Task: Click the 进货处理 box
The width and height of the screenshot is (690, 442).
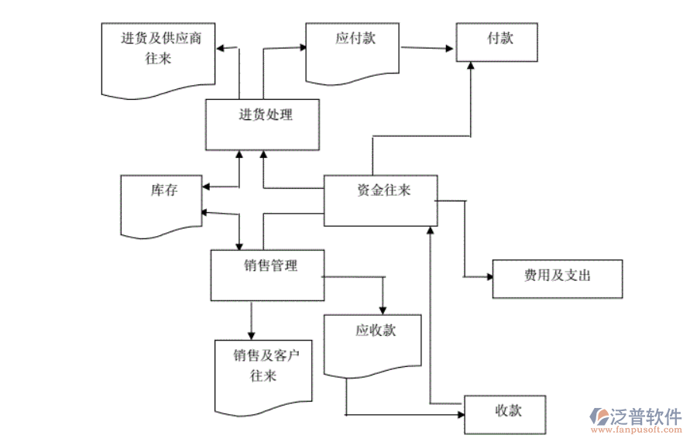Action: (262, 125)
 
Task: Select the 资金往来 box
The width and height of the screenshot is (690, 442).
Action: (380, 200)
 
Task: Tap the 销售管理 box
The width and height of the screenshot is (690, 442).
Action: (267, 275)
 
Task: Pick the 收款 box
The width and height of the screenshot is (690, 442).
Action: (505, 414)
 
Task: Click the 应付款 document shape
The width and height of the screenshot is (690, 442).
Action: (352, 50)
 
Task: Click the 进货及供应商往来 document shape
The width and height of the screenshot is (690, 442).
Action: (158, 58)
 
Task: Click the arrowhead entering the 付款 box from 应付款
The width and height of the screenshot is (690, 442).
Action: (450, 49)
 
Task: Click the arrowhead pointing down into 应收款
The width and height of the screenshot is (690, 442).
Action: (383, 308)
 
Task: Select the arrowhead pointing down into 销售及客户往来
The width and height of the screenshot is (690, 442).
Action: (251, 333)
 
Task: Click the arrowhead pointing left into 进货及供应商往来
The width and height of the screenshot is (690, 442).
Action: (221, 48)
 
